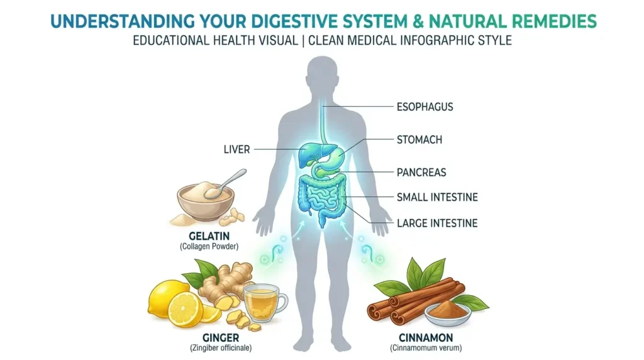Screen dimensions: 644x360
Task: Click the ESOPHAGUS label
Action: (x=425, y=107)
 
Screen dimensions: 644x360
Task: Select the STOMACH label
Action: (x=419, y=140)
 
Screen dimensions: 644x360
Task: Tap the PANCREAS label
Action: (x=421, y=172)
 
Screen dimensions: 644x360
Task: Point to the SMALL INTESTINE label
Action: (x=437, y=197)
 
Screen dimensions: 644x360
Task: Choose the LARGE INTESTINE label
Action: (x=437, y=223)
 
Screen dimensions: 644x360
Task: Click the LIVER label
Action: (x=236, y=150)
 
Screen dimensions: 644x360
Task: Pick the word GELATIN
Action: (x=209, y=236)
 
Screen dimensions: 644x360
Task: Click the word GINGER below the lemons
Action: (x=221, y=338)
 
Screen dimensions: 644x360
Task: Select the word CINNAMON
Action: (x=426, y=338)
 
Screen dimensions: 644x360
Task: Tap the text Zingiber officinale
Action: (x=221, y=348)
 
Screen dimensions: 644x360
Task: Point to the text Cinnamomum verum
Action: (x=426, y=348)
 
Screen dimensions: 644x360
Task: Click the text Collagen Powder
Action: (x=209, y=247)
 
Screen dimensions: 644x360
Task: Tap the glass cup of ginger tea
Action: (x=265, y=303)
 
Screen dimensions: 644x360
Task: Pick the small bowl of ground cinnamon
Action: (x=448, y=313)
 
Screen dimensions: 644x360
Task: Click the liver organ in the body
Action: (x=314, y=153)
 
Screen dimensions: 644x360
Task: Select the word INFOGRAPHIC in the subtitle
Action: (x=430, y=41)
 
